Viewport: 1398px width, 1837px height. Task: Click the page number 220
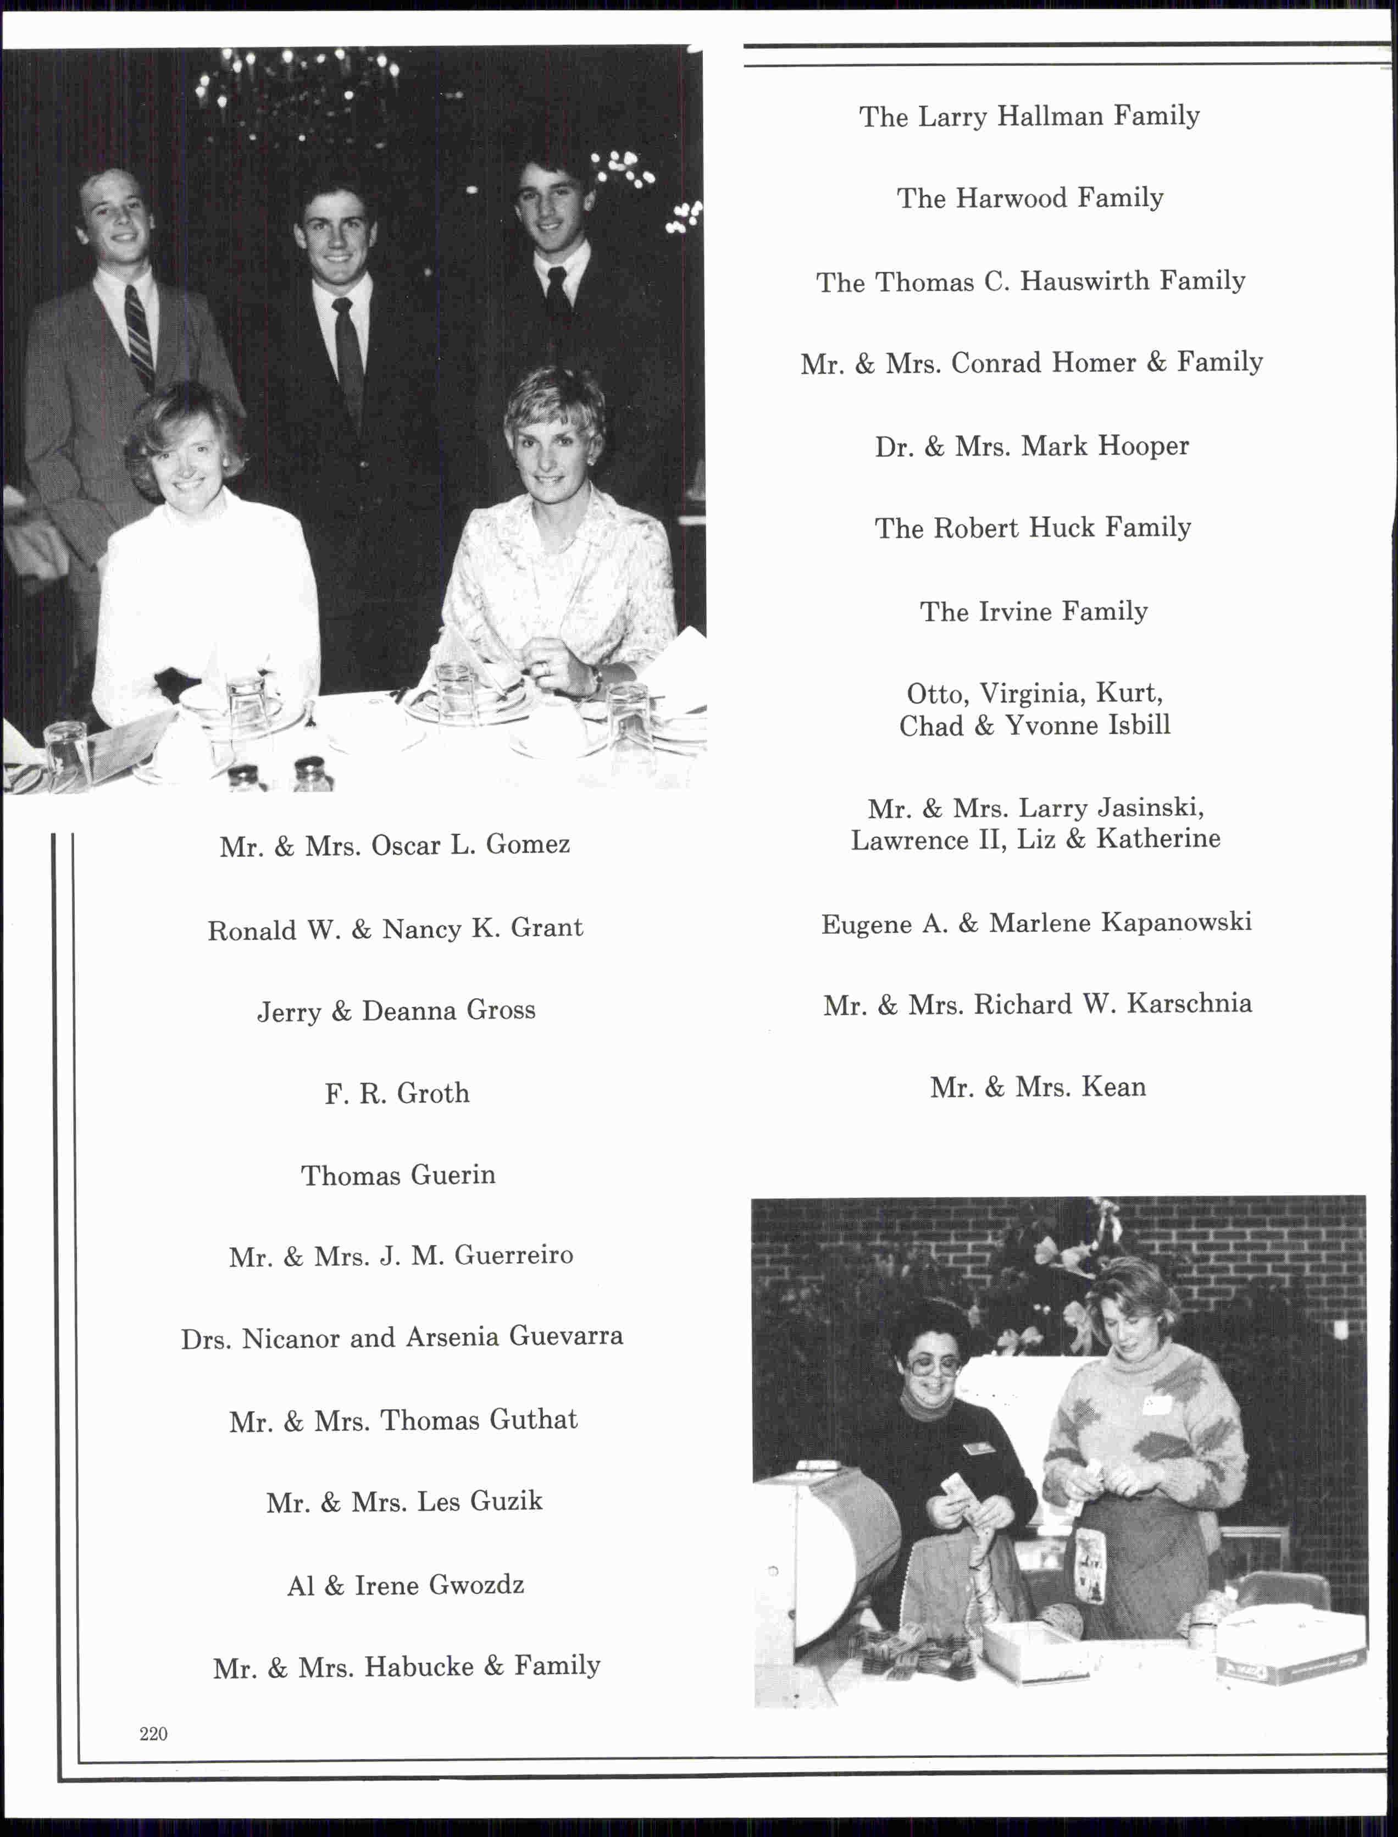point(153,1734)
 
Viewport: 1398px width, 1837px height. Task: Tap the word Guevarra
point(566,1337)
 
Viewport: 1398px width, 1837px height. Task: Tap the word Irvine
point(1017,612)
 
